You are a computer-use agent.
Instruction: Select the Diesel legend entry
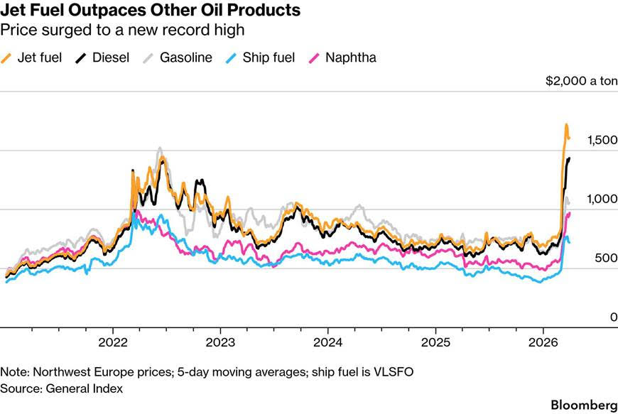click(x=104, y=58)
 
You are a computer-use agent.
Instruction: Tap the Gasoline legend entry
click(x=177, y=58)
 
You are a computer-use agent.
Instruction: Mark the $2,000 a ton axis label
click(x=581, y=82)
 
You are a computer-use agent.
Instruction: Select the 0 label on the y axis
click(x=613, y=318)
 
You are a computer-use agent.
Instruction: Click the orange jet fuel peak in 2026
click(x=566, y=126)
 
